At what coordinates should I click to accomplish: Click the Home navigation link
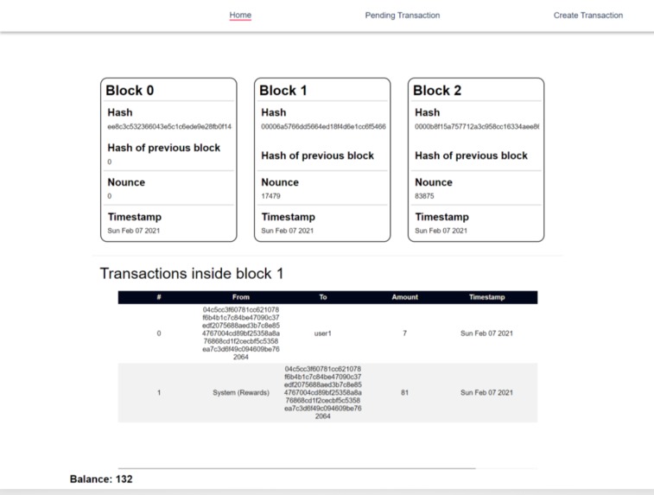point(240,16)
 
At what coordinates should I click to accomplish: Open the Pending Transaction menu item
point(402,16)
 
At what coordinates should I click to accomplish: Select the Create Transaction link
point(587,16)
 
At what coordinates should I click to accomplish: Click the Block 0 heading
point(130,91)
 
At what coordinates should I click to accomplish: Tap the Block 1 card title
point(283,91)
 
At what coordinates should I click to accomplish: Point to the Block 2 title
point(437,91)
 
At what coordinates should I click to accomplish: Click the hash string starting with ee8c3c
point(169,127)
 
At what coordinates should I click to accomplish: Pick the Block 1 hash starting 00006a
point(323,127)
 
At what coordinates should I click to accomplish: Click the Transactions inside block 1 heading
point(192,274)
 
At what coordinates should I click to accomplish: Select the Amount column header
point(404,297)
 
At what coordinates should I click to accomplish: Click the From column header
point(241,297)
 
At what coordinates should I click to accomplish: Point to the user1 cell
point(323,333)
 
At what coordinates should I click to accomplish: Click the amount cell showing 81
point(404,393)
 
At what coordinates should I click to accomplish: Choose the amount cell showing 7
point(404,333)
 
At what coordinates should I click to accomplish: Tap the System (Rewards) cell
point(241,393)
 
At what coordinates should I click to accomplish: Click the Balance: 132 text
point(101,479)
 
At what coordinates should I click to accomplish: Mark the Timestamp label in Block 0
point(134,217)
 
